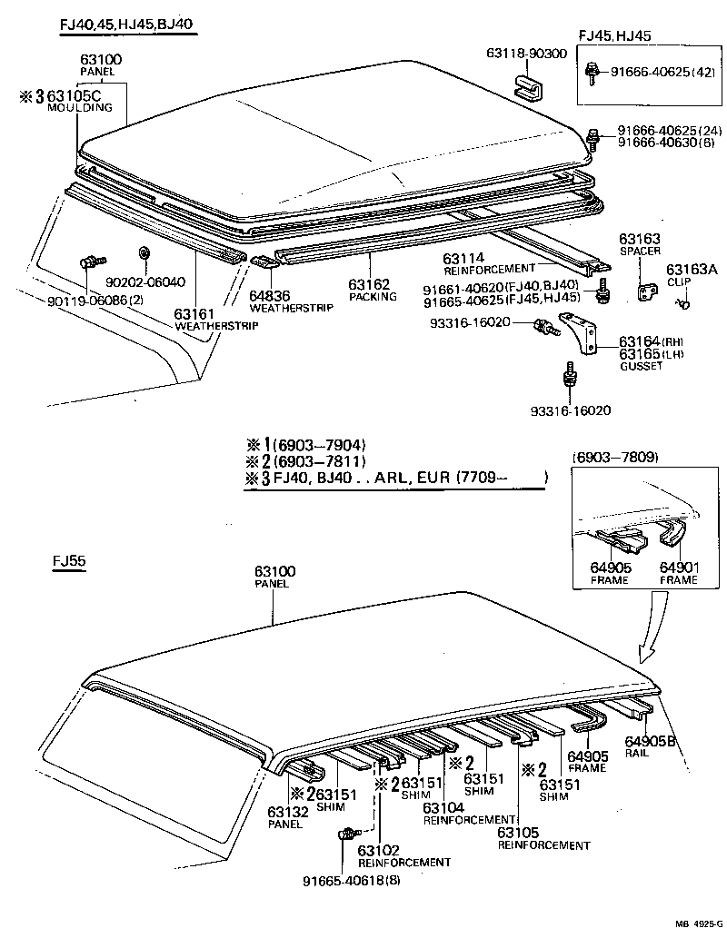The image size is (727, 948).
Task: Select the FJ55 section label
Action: point(68,561)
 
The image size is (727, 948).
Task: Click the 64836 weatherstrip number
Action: point(270,295)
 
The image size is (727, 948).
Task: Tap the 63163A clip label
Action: point(692,269)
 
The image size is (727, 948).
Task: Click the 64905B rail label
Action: point(651,740)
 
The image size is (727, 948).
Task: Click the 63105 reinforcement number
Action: point(519,832)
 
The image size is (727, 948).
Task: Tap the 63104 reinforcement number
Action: point(444,806)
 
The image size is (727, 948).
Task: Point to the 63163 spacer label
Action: point(640,238)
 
